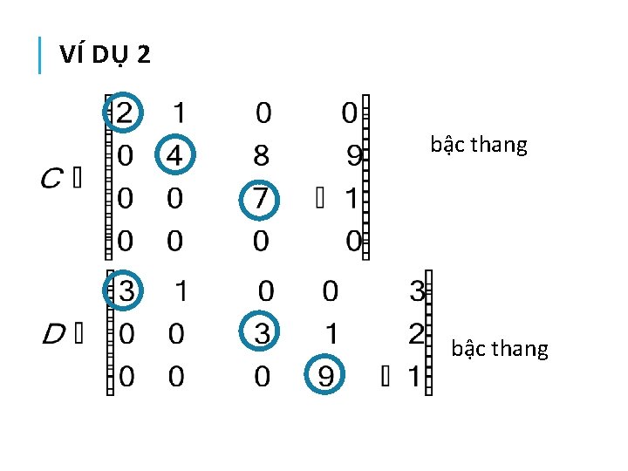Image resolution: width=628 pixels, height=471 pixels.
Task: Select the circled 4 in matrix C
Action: [175, 156]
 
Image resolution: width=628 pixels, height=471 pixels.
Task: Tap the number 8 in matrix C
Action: [261, 156]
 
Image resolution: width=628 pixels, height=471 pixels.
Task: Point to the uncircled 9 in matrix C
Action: [353, 156]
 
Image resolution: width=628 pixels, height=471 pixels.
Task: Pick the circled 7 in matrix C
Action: [261, 199]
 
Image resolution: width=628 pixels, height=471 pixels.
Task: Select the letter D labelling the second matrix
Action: [52, 333]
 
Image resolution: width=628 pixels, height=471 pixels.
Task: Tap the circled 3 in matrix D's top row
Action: [125, 291]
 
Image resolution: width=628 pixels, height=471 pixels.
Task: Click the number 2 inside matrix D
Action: [415, 333]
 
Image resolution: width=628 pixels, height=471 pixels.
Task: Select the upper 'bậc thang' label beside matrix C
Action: [479, 145]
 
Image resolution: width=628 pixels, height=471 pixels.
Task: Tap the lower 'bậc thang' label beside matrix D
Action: [500, 349]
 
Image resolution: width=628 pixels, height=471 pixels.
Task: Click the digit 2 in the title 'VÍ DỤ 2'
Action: [143, 55]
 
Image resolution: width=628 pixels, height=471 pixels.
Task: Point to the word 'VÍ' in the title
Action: [71, 55]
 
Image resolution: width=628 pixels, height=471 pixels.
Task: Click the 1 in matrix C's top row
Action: [179, 113]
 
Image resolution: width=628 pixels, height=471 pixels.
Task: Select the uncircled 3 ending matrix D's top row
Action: [417, 291]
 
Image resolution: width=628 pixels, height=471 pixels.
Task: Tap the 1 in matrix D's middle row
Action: [330, 333]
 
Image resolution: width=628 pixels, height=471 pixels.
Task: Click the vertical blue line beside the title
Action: [40, 56]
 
